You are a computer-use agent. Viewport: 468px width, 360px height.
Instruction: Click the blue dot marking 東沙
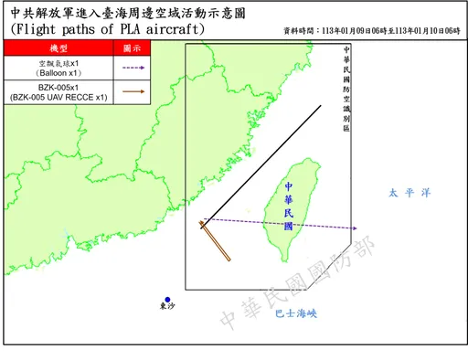167,298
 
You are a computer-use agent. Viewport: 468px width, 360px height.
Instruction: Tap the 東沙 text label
166,308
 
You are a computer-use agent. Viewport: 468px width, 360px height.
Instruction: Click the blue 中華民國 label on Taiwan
289,206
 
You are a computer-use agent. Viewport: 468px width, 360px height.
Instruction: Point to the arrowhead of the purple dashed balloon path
355,228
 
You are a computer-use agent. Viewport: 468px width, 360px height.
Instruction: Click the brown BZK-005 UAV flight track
216,240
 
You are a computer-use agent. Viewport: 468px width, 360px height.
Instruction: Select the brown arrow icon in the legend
132,91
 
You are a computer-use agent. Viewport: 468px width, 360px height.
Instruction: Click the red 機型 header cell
58,48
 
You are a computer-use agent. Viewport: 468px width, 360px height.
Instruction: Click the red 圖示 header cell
132,48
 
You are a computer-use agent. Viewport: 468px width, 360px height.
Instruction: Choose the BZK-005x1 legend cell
58,91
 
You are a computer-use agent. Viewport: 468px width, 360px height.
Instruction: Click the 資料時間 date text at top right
371,30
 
